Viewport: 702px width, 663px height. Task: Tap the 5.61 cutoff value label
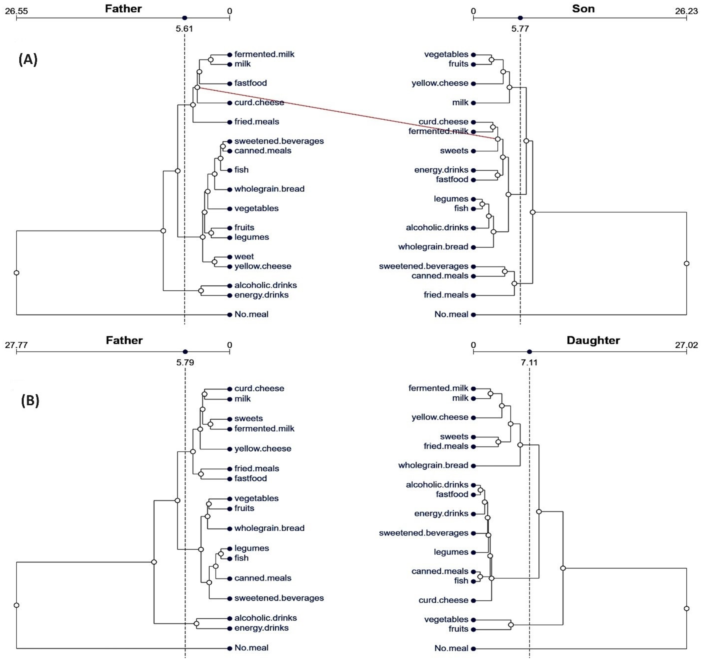pyautogui.click(x=184, y=29)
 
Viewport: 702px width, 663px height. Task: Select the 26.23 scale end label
pyautogui.click(x=686, y=11)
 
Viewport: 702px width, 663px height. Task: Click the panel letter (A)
pyautogui.click(x=28, y=60)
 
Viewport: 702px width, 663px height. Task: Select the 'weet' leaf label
pyautogui.click(x=244, y=256)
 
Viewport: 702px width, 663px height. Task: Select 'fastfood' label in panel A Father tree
pyautogui.click(x=250, y=83)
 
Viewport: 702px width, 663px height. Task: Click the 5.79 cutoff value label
pyautogui.click(x=185, y=362)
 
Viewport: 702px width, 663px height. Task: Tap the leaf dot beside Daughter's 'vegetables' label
pyautogui.click(x=473, y=619)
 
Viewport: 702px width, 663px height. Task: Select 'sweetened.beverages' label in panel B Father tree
pyautogui.click(x=279, y=598)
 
